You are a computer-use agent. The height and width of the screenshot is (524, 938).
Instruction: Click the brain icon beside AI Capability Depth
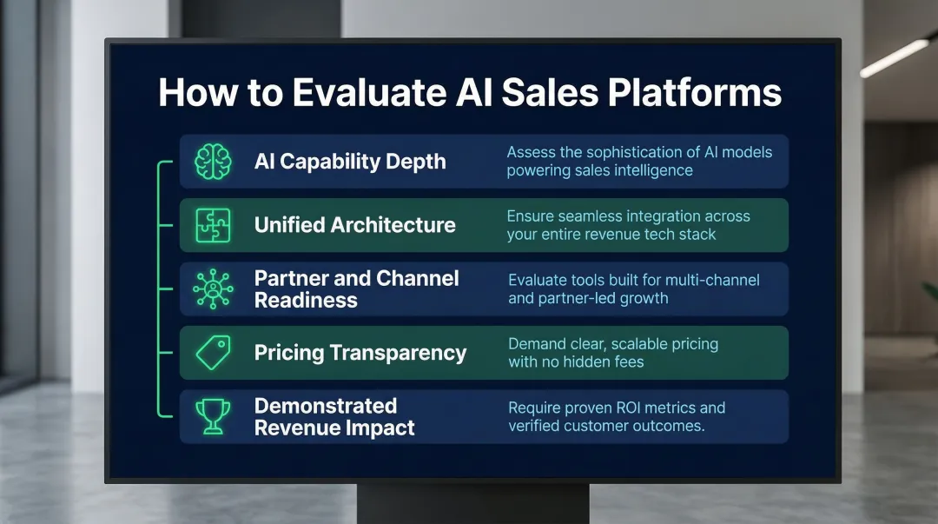pos(214,162)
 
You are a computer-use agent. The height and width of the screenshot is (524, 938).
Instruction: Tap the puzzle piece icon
pos(214,225)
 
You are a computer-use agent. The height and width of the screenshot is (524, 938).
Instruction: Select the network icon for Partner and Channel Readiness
pos(214,289)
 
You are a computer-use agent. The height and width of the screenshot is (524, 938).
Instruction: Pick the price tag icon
pos(214,353)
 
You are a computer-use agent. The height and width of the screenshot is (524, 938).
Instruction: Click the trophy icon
pos(214,416)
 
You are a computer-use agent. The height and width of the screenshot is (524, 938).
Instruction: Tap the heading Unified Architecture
pos(354,225)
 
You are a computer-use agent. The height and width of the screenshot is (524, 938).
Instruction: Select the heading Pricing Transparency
pos(360,353)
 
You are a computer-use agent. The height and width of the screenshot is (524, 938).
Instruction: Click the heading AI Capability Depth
pos(349,162)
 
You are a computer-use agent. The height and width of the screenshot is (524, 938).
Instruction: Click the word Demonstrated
pos(325,406)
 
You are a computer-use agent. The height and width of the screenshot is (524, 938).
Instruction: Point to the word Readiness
pos(306,301)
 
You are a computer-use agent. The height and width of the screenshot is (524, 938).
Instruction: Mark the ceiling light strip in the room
pos(894,58)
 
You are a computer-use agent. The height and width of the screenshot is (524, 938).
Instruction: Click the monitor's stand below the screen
pos(472,504)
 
